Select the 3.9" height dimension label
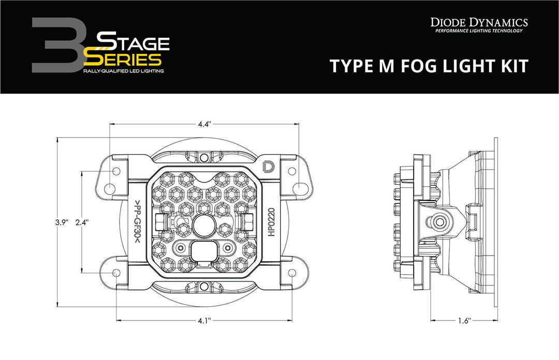click(x=63, y=223)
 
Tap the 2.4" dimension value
click(x=81, y=223)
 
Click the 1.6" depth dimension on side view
click(x=464, y=321)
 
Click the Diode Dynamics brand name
click(x=479, y=22)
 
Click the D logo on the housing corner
click(x=269, y=167)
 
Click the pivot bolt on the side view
click(x=440, y=222)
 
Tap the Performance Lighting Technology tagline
click(x=479, y=31)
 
